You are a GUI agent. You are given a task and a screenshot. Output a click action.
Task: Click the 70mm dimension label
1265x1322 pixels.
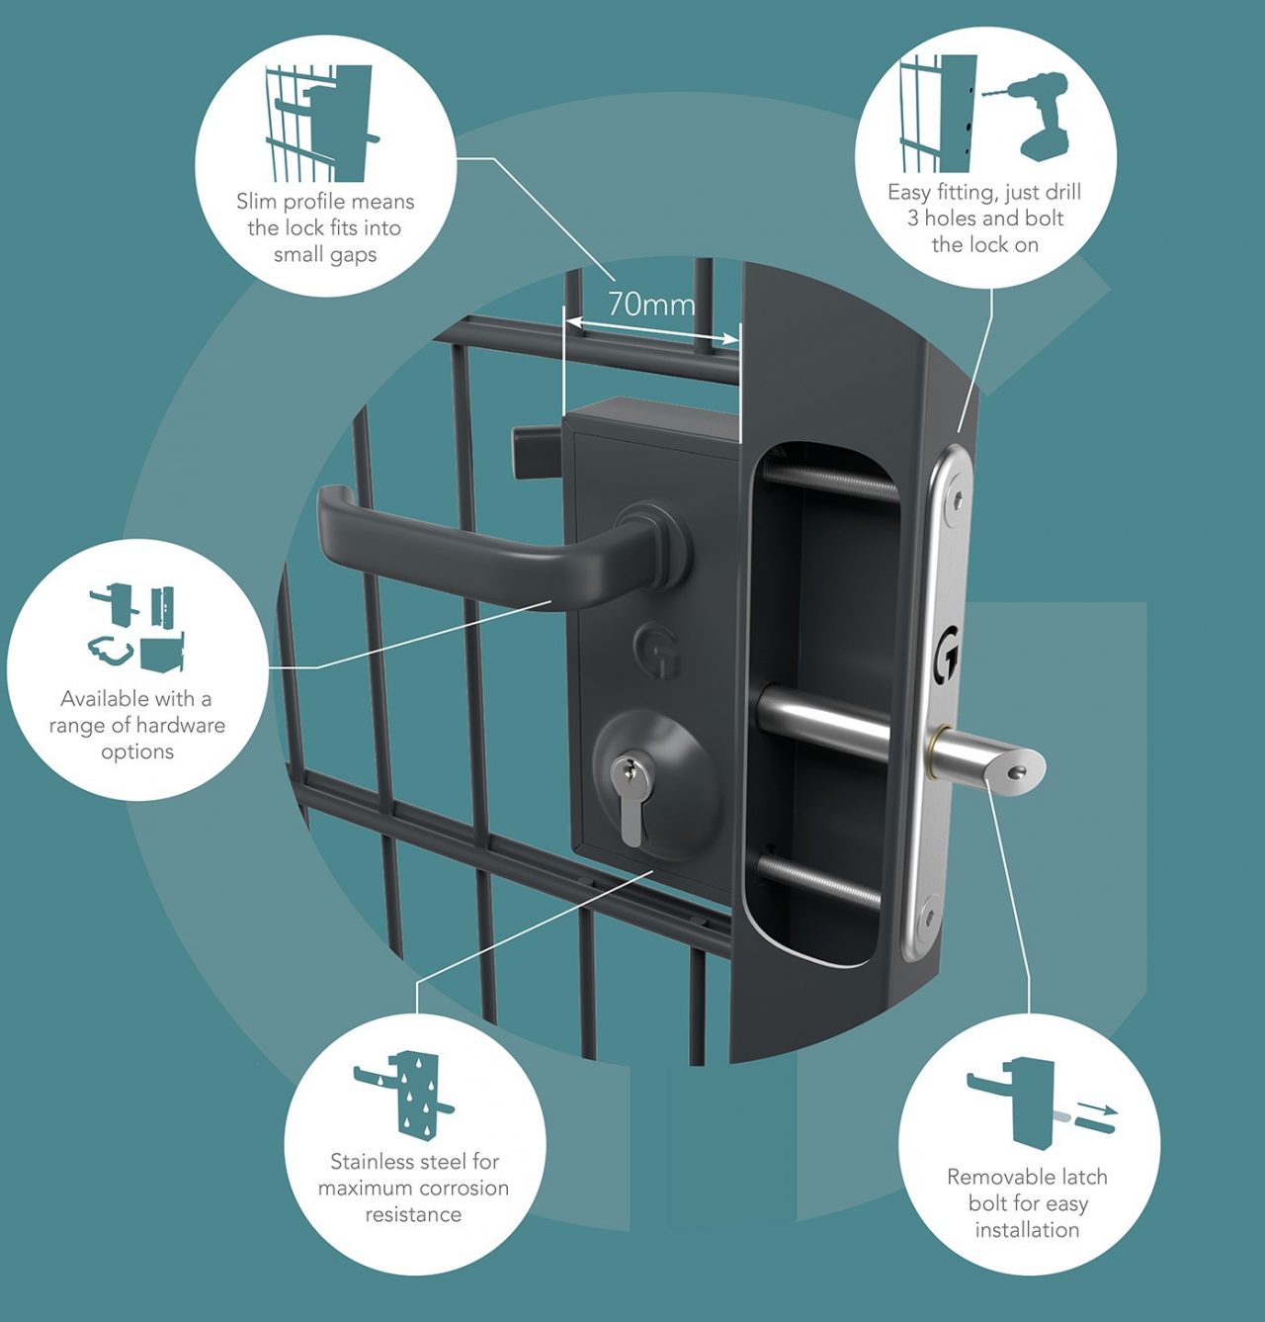(x=650, y=304)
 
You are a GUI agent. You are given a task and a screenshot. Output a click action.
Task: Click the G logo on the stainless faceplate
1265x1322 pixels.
(x=948, y=653)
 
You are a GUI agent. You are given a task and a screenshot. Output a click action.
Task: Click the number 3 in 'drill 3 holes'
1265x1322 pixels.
(x=913, y=219)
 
